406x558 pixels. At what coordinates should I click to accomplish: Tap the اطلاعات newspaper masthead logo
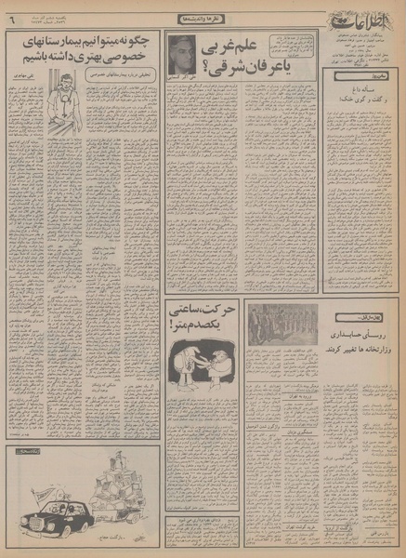pos(363,18)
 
